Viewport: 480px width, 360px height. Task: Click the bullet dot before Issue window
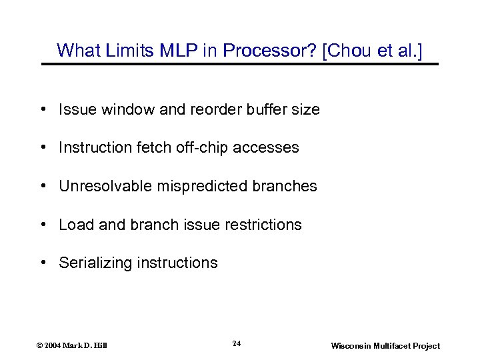click(x=43, y=109)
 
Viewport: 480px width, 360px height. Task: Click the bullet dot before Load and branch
click(x=43, y=225)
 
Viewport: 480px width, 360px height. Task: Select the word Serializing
click(x=95, y=263)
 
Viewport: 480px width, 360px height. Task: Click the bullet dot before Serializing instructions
click(x=43, y=263)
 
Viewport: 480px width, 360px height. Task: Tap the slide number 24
click(x=236, y=343)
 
